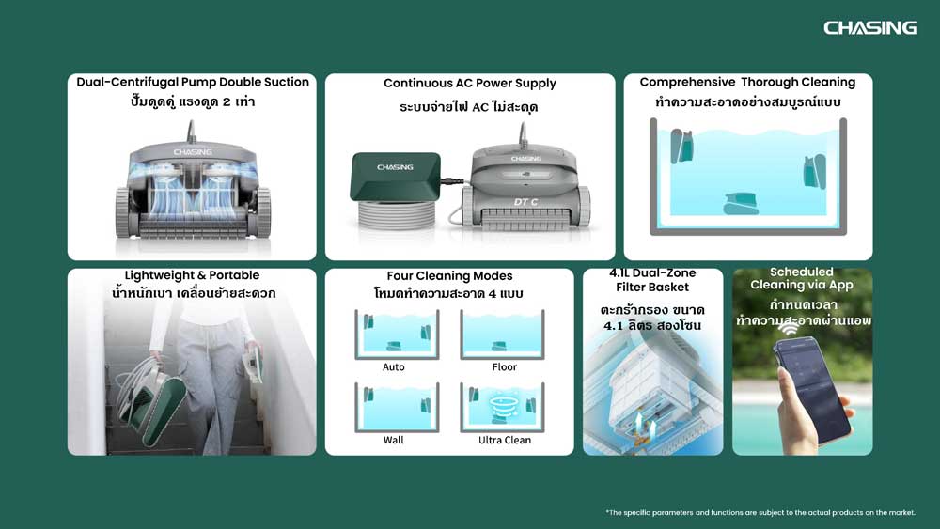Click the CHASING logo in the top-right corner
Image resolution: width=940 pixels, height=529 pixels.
(869, 27)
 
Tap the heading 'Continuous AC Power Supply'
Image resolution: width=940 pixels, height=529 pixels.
(470, 84)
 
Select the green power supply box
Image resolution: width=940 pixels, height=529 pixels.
(396, 176)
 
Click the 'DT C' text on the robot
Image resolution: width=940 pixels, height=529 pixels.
(525, 202)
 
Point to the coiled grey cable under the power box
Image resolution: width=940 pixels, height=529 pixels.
(397, 214)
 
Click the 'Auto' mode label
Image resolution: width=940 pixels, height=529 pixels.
(393, 366)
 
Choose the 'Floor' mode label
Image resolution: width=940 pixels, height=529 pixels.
(504, 366)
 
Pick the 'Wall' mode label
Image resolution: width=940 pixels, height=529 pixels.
(393, 440)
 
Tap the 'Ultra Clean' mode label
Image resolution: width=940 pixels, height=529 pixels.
(504, 440)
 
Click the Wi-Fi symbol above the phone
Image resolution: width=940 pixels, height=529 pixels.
(789, 325)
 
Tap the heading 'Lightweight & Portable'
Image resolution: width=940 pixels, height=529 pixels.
(192, 275)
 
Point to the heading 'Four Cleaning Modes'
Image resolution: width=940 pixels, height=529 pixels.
(449, 275)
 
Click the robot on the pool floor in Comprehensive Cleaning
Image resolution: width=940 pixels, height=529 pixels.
(741, 204)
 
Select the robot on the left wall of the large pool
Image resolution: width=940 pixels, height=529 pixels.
(681, 147)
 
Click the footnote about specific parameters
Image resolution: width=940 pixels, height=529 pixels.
(760, 512)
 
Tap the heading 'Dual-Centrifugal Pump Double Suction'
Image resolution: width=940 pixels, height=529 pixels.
(193, 82)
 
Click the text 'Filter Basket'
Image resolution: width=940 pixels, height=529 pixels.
(652, 287)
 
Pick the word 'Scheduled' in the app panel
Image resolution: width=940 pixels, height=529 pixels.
(802, 272)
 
